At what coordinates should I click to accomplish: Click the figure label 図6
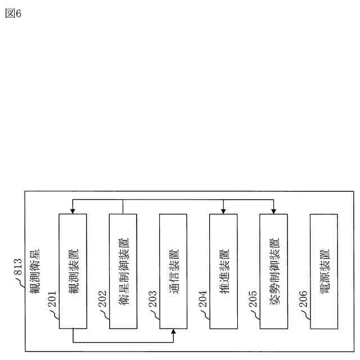pos(13,13)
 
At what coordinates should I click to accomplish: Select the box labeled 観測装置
pos(73,271)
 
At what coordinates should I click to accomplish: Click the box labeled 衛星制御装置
pos(123,271)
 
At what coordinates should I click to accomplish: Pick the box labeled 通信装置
pos(173,271)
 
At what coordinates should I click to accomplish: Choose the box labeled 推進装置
pos(223,271)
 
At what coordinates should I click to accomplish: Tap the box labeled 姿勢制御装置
pos(274,271)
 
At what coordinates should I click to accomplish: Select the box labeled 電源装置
pos(324,271)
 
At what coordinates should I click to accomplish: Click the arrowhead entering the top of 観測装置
pos(73,211)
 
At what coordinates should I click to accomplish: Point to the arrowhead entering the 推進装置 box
pos(223,211)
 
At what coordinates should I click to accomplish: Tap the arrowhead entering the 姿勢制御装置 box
pos(274,211)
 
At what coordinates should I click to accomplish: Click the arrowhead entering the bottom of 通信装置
pos(173,332)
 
